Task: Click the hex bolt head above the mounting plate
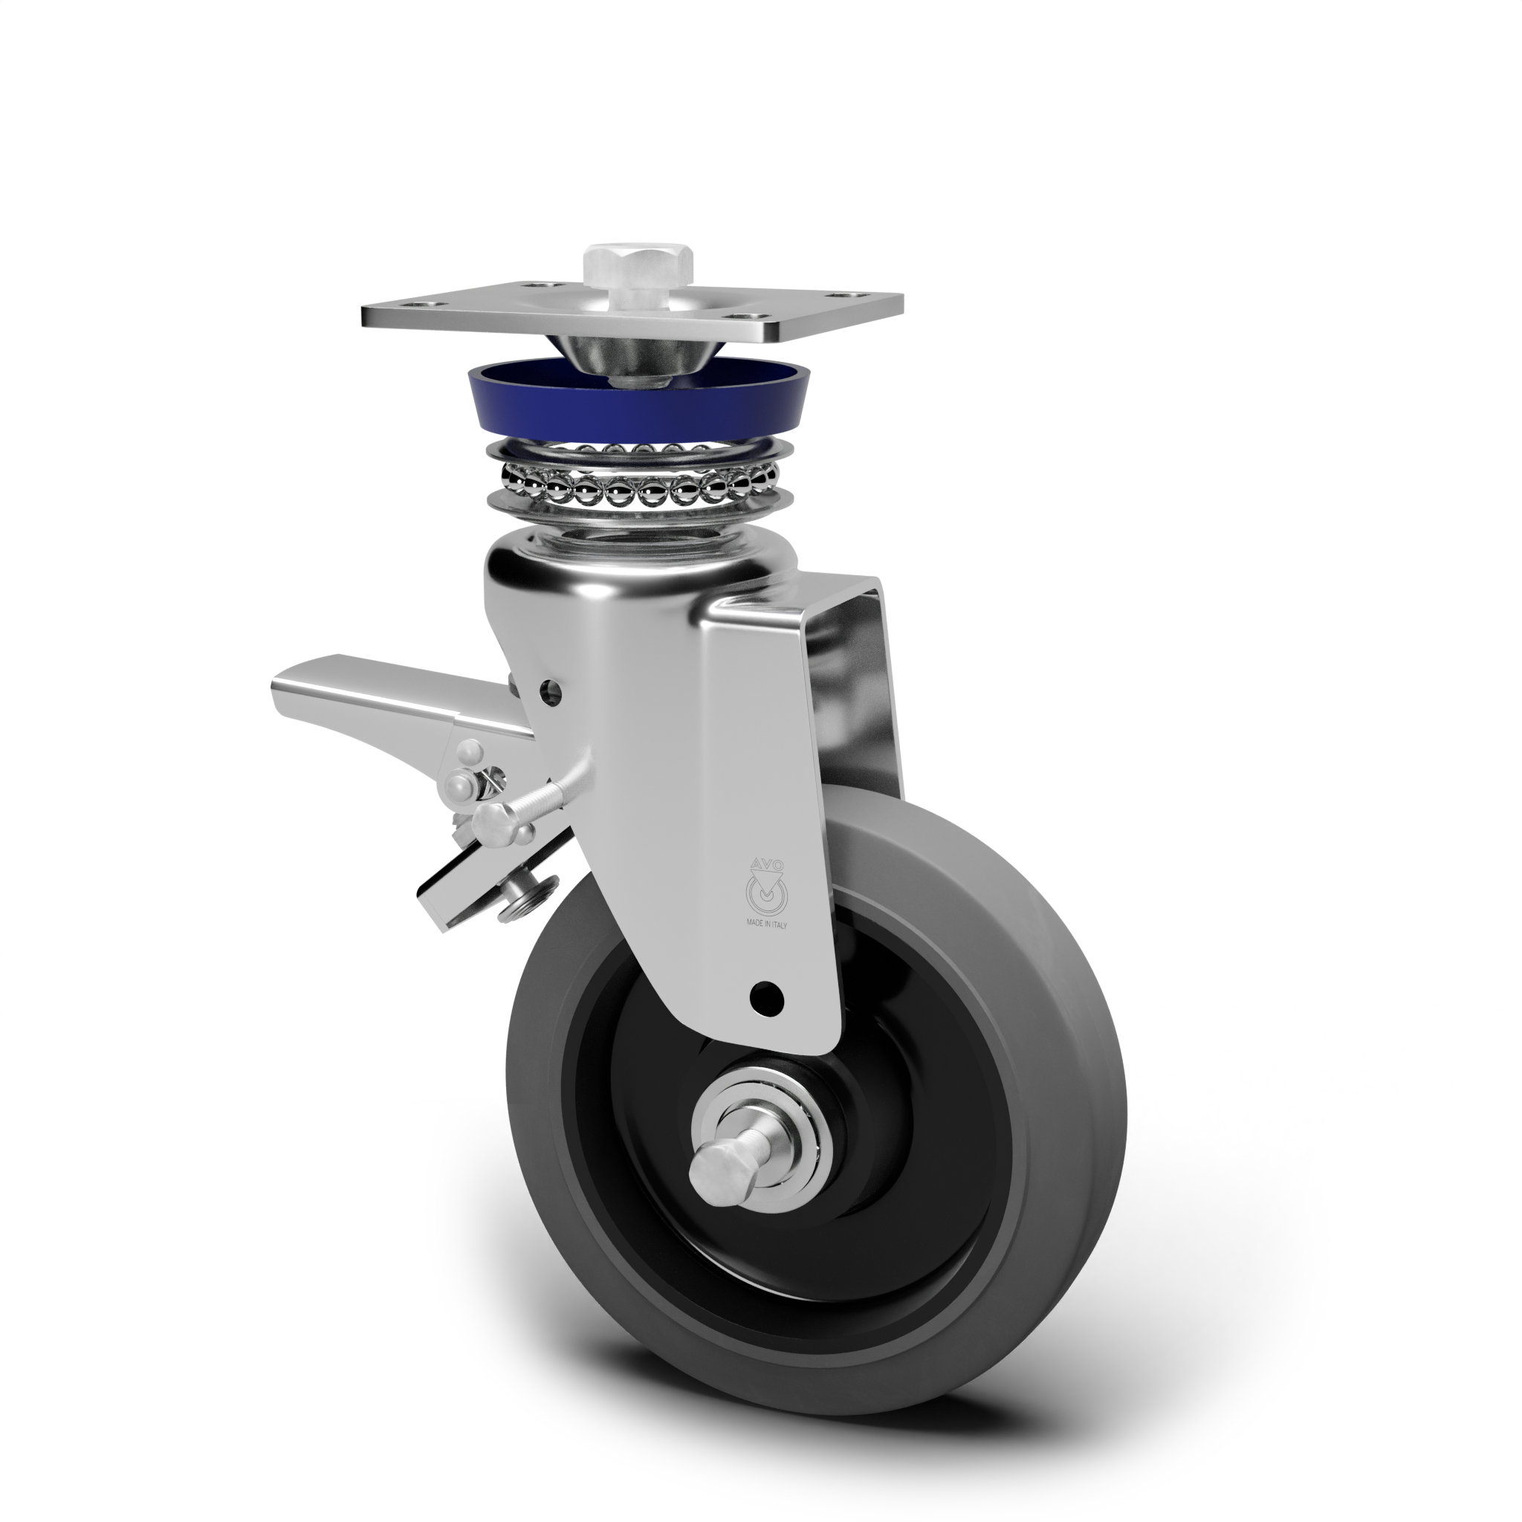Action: click(x=638, y=267)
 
